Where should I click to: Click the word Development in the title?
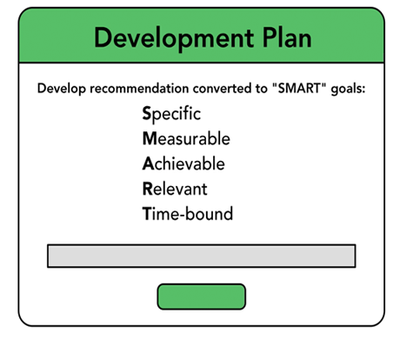click(x=174, y=38)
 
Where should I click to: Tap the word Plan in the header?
click(x=287, y=37)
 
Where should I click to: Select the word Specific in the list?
click(x=171, y=114)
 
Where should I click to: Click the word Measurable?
click(x=186, y=138)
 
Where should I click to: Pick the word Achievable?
click(x=183, y=163)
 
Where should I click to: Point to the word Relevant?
click(x=175, y=189)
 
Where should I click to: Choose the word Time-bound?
click(x=188, y=214)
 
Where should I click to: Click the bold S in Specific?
click(x=147, y=113)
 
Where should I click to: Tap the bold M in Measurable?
click(x=150, y=138)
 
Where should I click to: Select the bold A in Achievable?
click(x=148, y=163)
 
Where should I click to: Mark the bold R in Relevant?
click(x=148, y=189)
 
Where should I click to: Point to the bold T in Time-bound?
click(x=147, y=214)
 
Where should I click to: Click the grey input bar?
click(x=202, y=256)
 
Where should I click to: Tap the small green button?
click(x=202, y=297)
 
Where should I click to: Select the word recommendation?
click(x=139, y=88)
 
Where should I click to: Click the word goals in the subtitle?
click(x=348, y=89)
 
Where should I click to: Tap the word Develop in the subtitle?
click(x=62, y=89)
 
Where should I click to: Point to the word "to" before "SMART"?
click(x=262, y=89)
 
